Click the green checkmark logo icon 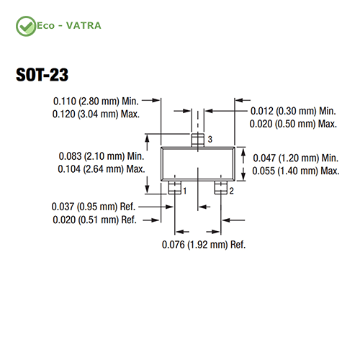[x=26, y=26]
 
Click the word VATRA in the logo [x=84, y=26]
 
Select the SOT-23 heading [x=42, y=75]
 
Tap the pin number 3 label [x=210, y=139]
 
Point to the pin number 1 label [x=185, y=191]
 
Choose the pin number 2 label [x=231, y=191]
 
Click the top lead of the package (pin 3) [x=198, y=140]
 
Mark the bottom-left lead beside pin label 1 [x=174, y=187]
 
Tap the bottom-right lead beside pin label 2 [x=221, y=187]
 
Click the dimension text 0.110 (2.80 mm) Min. [x=96, y=102]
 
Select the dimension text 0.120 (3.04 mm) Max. [x=96, y=114]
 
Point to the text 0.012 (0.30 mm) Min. [x=293, y=111]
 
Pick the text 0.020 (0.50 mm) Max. [x=293, y=124]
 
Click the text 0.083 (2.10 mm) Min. [x=102, y=156]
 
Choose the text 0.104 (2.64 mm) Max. [x=102, y=169]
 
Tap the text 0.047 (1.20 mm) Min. [x=296, y=158]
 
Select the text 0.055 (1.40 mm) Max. [x=296, y=171]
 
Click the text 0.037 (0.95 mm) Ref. [x=94, y=207]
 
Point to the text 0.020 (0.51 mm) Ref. [x=94, y=220]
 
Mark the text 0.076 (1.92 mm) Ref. [x=204, y=245]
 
